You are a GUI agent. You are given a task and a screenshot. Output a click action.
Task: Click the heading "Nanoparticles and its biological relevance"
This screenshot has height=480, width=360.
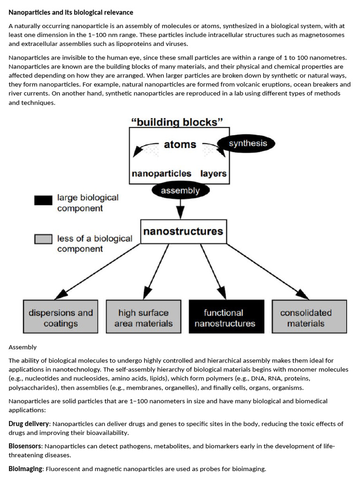71,12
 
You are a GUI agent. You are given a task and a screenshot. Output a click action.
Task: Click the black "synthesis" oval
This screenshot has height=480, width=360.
247,143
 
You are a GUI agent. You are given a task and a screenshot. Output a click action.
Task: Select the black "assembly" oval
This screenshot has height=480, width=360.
180,191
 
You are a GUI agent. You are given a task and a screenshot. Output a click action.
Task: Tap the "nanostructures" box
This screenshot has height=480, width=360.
183,232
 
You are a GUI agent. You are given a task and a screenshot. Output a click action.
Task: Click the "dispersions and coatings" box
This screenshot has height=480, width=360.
60,317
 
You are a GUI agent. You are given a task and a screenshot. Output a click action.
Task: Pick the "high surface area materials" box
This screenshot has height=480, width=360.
143,317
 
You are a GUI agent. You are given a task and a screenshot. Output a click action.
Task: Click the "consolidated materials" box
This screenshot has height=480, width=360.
306,317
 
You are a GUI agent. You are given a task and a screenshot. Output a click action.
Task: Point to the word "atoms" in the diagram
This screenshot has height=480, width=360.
180,144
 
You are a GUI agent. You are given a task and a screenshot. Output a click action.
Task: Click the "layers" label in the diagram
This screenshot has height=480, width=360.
213,173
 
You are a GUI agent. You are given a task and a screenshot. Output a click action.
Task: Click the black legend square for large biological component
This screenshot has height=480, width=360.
43,200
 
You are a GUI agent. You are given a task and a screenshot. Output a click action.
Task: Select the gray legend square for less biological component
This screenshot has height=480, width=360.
43,240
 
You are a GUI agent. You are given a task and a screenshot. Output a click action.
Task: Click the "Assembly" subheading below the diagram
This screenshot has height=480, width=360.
22,347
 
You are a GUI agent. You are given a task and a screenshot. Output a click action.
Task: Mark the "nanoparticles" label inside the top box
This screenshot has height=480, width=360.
161,173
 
